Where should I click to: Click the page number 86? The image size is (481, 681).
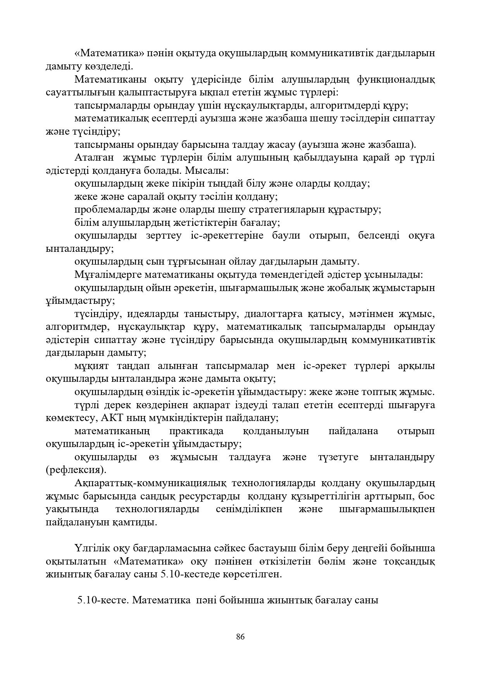coord(240,637)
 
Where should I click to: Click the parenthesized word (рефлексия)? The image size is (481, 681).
coord(76,470)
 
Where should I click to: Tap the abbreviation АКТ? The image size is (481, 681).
coord(112,418)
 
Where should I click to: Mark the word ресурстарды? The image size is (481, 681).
coord(209,496)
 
